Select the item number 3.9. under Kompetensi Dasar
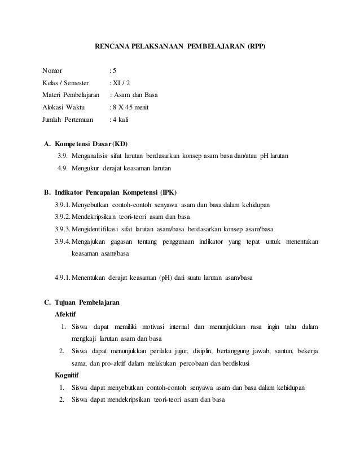(62, 156)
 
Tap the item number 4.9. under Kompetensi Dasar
(62, 168)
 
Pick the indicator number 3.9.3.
(63, 229)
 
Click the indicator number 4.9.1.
(63, 278)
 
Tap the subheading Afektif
(65, 314)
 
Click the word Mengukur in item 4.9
(86, 168)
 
